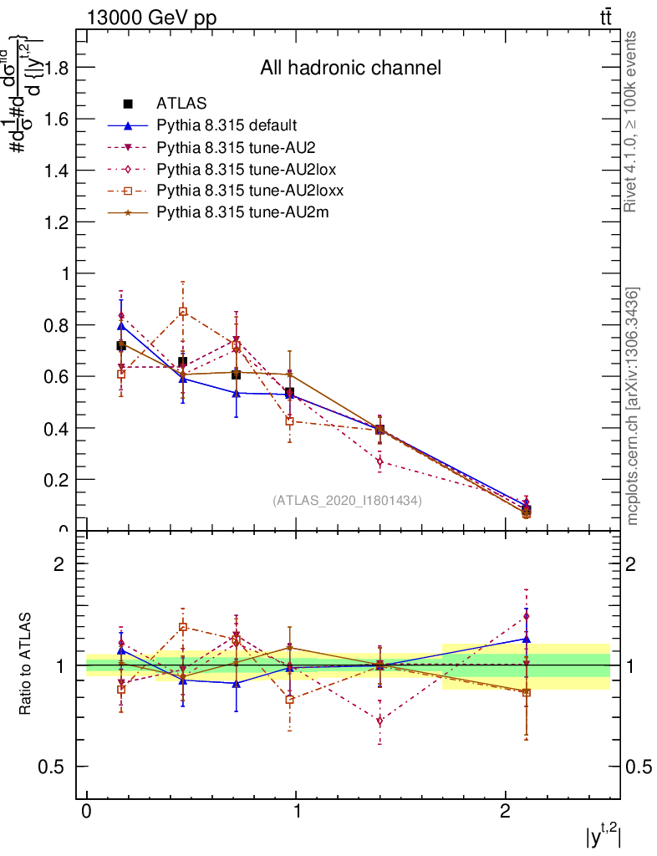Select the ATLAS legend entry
click(181, 104)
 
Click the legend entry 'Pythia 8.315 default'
click(227, 125)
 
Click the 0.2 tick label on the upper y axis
click(56, 479)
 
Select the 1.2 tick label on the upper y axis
click(56, 222)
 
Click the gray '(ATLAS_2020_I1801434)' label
click(347, 501)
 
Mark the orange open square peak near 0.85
click(183, 312)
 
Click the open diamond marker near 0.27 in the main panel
click(379, 461)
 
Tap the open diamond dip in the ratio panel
click(379, 721)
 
